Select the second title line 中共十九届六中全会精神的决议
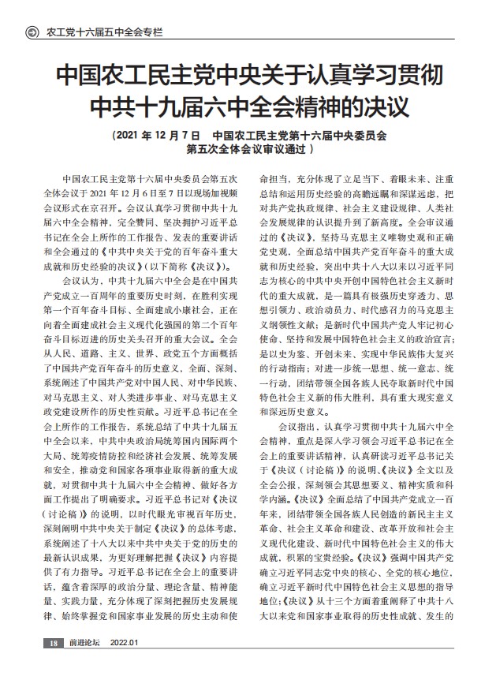tap(248, 106)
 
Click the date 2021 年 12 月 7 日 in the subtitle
tap(155, 135)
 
